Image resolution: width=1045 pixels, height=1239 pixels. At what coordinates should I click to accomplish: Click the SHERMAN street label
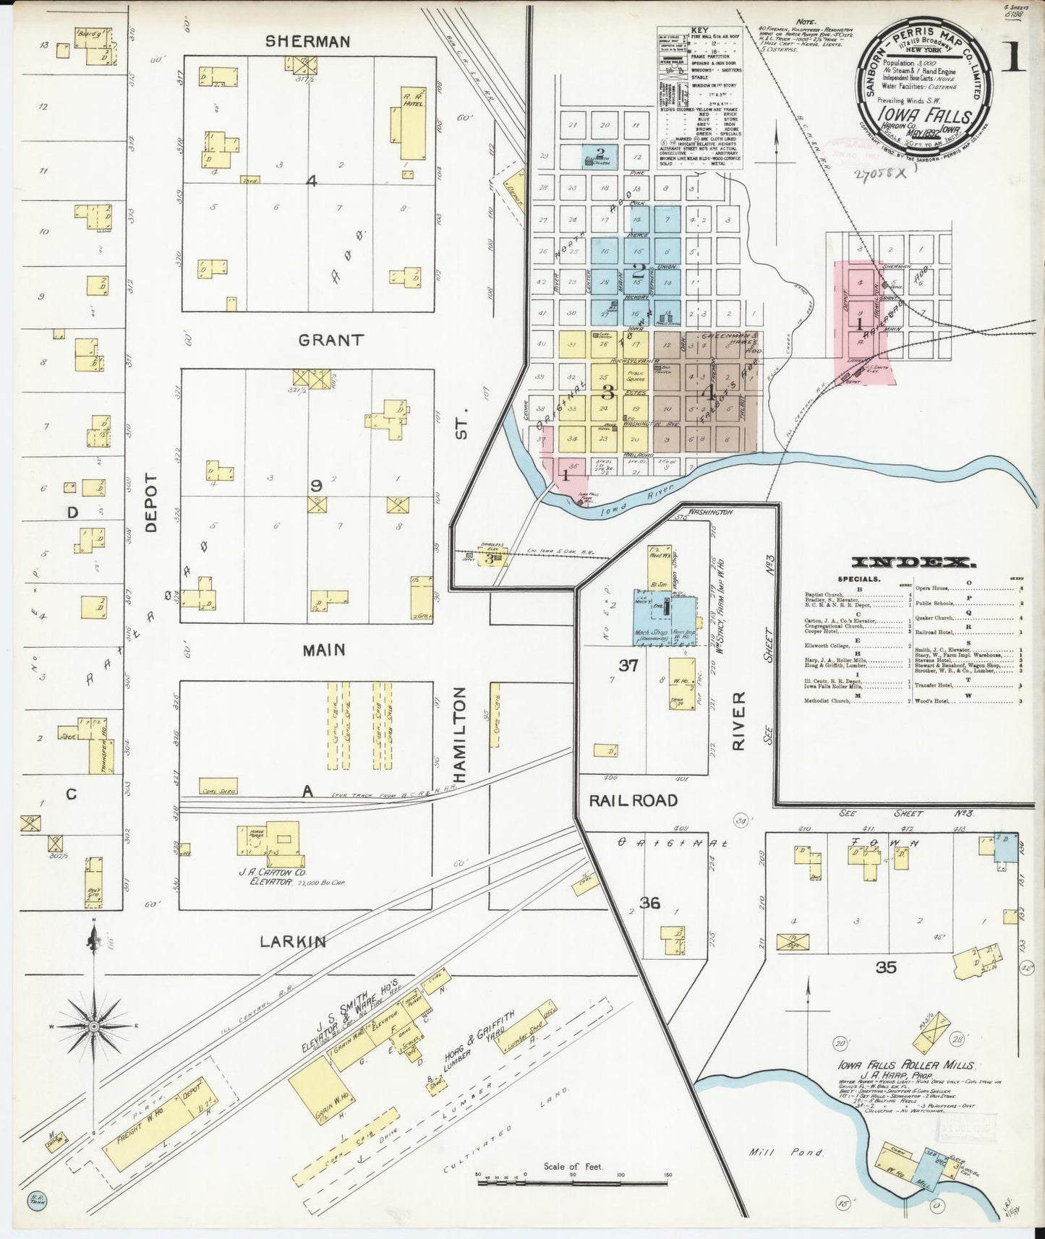tap(307, 41)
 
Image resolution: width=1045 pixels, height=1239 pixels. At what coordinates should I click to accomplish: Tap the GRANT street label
tap(331, 340)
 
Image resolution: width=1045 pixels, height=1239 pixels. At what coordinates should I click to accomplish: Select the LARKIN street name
tap(293, 941)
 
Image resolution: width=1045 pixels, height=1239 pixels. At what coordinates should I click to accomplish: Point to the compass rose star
tap(93, 1026)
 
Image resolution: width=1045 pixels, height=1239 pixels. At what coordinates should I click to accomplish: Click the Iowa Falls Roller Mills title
tap(906, 1066)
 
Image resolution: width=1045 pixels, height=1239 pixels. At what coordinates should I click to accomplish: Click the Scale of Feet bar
tap(571, 1183)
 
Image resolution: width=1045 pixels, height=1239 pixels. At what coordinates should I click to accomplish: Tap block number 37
tap(628, 664)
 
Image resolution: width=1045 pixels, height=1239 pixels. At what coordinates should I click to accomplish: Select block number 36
tap(649, 902)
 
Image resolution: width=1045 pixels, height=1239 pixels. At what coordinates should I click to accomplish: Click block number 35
tap(886, 966)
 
